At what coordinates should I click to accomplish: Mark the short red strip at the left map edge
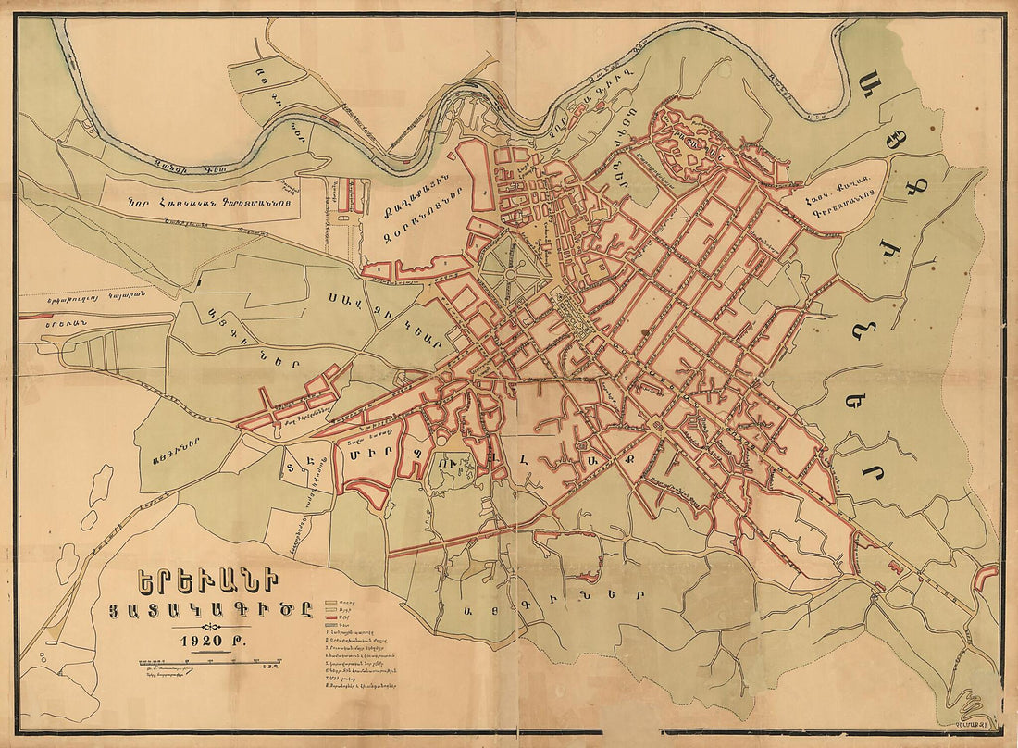pyautogui.click(x=31, y=315)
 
